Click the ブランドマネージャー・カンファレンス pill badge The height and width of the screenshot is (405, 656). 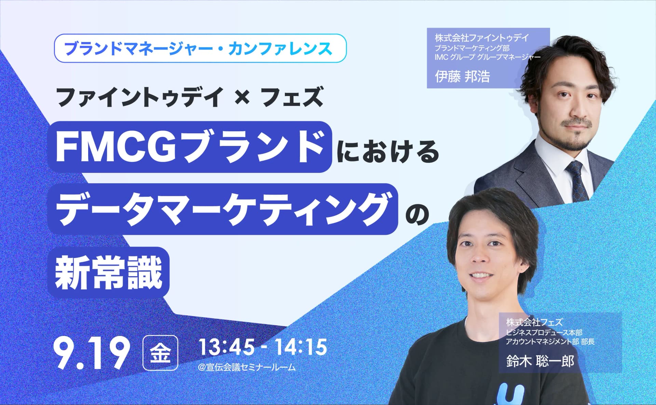pyautogui.click(x=200, y=48)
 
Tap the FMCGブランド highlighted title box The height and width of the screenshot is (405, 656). pyautogui.click(x=190, y=147)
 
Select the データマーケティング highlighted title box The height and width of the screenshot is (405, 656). pyautogui.click(x=223, y=209)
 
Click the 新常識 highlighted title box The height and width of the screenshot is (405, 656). pyautogui.click(x=108, y=272)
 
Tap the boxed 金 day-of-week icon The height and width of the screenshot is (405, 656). pyautogui.click(x=160, y=353)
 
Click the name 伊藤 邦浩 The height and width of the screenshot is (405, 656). pyautogui.click(x=462, y=76)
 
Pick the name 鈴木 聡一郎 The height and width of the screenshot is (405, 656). pyautogui.click(x=540, y=361)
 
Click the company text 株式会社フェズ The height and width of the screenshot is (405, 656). pyautogui.click(x=534, y=322)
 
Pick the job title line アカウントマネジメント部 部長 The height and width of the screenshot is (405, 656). pyautogui.click(x=550, y=341)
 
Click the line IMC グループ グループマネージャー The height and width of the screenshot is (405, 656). pyautogui.click(x=488, y=57)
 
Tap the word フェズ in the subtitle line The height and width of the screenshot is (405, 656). pyautogui.click(x=291, y=97)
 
